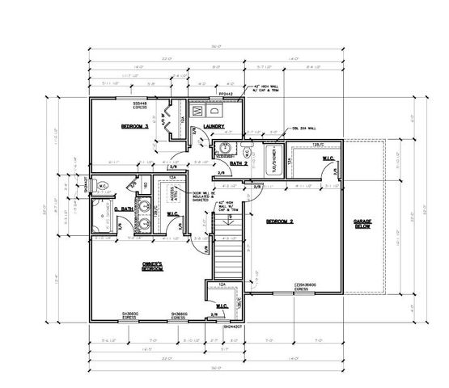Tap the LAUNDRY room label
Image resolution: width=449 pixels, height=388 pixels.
click(214, 126)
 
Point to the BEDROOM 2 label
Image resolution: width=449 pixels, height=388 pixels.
click(280, 220)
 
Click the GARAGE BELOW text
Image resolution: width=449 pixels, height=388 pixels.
click(363, 226)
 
